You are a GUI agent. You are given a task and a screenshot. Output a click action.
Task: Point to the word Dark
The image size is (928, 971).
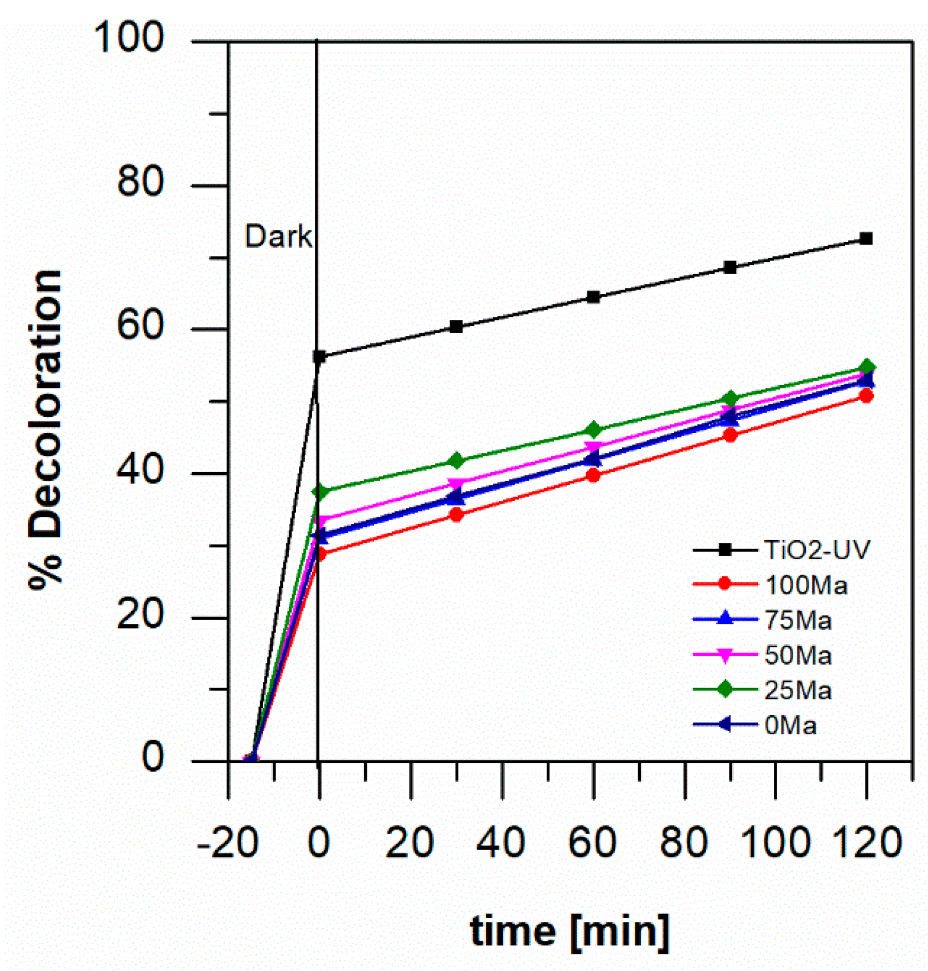tap(278, 237)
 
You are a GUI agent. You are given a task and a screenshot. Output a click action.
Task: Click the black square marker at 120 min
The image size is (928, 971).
tap(866, 239)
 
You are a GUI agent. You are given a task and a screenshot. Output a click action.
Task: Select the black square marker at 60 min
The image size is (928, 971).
tap(594, 297)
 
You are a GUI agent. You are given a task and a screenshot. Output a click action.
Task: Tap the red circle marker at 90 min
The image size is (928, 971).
tap(730, 435)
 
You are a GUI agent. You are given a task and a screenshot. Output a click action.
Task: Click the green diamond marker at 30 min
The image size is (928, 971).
tap(456, 461)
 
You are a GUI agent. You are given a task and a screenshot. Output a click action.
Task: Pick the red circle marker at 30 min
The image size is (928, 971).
tap(457, 515)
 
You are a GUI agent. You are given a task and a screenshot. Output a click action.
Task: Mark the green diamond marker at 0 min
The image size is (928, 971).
tap(320, 492)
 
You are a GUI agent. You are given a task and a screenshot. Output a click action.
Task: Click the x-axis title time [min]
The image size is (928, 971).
tap(570, 932)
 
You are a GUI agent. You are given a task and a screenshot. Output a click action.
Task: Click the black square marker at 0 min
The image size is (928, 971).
tap(320, 357)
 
